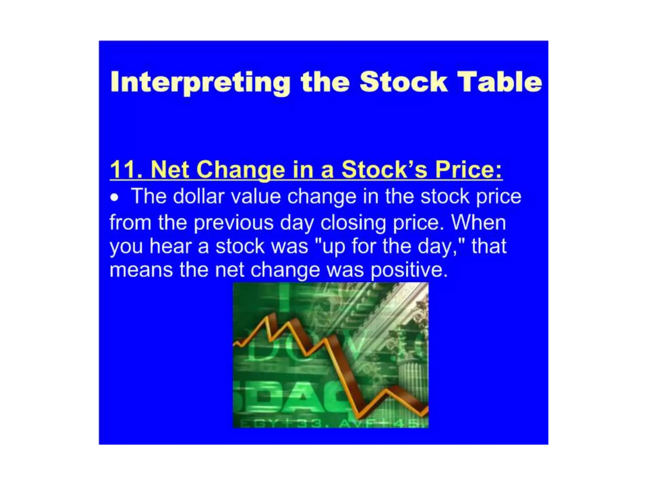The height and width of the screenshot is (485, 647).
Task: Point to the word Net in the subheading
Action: coord(170,170)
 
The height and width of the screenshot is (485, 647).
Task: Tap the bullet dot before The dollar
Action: coord(114,198)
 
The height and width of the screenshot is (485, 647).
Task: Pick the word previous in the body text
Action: coord(233,223)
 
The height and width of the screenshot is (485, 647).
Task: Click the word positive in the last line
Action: coord(409,271)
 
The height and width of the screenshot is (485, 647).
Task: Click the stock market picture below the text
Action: coord(330,355)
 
